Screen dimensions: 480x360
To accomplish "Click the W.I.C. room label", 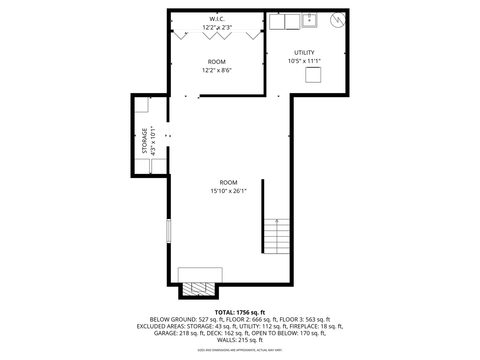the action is coord(217,19).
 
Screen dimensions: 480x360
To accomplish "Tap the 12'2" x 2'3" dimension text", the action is coord(217,27).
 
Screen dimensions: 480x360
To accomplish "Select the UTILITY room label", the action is coord(304,53).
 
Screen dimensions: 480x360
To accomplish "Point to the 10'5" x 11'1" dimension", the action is coord(304,61).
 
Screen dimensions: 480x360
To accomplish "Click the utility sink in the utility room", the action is coord(309,20).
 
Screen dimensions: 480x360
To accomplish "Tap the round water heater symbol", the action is coord(338,20).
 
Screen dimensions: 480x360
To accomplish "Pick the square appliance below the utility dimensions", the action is coord(313,75).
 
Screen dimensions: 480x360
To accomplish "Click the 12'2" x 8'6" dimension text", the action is coord(217,70).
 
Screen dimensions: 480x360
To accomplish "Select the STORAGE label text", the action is coord(144,141).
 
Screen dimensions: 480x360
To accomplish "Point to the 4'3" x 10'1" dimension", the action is coord(153,141).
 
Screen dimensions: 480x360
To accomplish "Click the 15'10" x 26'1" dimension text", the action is coord(229,191).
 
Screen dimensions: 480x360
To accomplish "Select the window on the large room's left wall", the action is coord(169,231).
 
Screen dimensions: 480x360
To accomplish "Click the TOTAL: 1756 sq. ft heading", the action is coord(240,312).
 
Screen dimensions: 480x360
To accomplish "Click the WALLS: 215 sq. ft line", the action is coord(240,340).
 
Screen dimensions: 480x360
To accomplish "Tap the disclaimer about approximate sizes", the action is coord(240,350).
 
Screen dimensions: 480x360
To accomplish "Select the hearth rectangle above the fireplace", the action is coord(200,275).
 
